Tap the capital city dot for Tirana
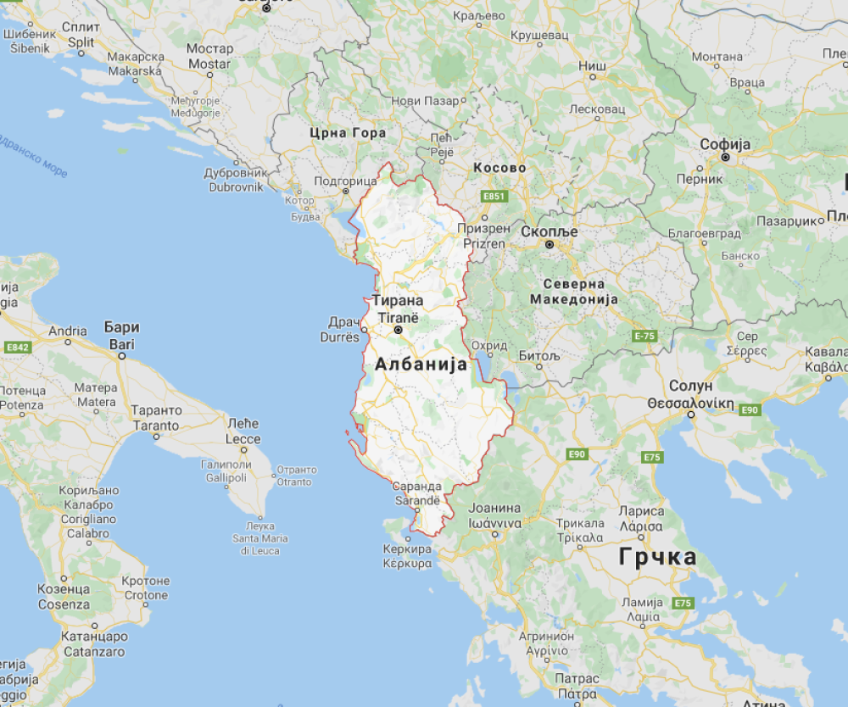point(398,331)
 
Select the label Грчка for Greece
point(658,557)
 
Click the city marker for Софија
point(726,158)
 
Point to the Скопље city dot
point(549,245)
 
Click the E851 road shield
point(494,197)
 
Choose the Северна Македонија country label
point(574,292)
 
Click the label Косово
point(499,168)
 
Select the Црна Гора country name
point(348,133)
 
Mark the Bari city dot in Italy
point(121,357)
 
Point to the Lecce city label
point(243,439)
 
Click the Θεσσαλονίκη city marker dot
point(691,415)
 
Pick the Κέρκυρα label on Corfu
point(407,563)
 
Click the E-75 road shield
point(645,337)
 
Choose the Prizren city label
point(483,243)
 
